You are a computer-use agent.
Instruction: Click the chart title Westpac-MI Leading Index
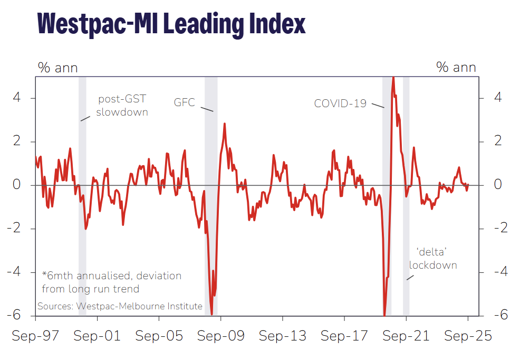pos(172,23)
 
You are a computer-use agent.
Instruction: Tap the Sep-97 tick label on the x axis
pos(36,336)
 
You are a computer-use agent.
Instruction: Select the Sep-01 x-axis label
pos(97,336)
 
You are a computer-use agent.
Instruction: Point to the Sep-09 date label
pos(221,336)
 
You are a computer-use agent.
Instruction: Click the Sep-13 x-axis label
pos(283,336)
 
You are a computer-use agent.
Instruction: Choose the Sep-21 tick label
pos(406,336)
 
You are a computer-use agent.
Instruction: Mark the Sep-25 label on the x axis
pos(467,336)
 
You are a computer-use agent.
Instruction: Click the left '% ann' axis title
pos(57,68)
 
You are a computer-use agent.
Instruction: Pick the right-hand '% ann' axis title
pos(456,68)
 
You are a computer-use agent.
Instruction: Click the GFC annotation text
pos(185,102)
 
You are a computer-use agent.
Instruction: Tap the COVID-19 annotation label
pos(340,103)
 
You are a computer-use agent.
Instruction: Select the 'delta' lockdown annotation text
pos(433,258)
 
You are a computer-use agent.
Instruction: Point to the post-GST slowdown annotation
pos(122,106)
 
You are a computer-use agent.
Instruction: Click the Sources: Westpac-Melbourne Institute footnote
pos(120,306)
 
